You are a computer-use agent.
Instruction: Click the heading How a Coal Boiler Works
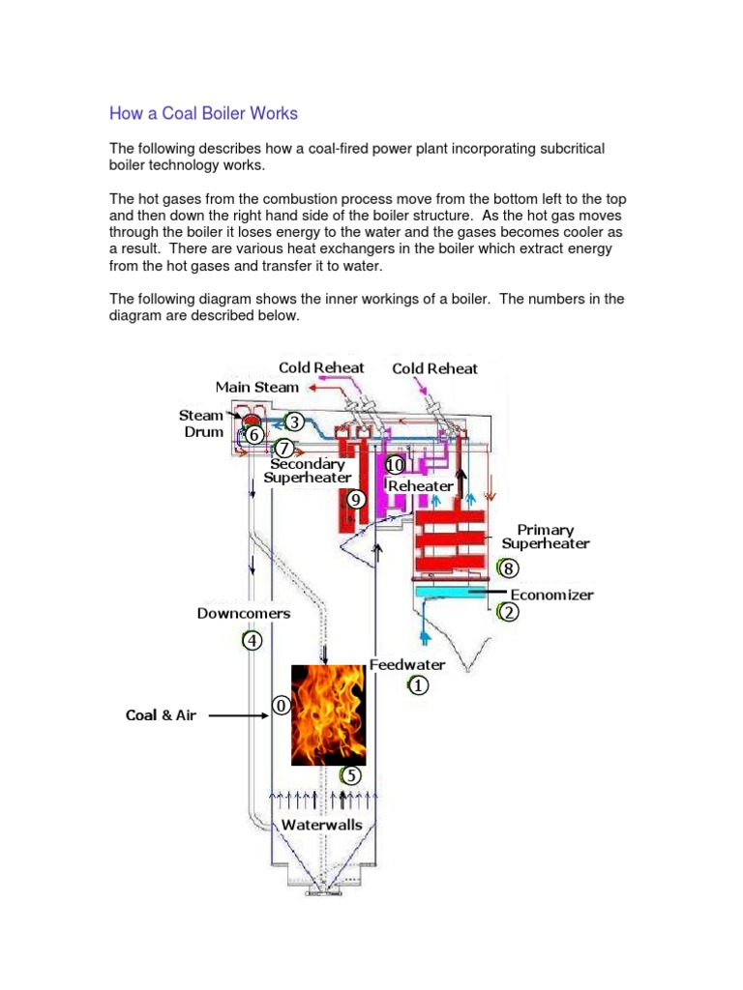203,114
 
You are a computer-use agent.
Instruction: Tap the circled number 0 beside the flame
282,707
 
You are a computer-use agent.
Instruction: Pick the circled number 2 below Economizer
508,613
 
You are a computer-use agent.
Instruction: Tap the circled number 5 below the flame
351,775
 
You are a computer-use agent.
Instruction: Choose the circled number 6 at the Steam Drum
254,436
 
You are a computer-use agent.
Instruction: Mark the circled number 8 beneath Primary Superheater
510,568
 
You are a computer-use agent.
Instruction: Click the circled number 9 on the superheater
355,500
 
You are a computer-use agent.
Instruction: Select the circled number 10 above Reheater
395,466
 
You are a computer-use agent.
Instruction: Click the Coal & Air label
161,716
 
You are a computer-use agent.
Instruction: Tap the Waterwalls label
322,826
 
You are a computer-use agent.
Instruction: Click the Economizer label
551,595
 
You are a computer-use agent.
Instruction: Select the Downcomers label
244,613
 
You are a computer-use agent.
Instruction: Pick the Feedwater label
407,665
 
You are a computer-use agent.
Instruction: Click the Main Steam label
257,387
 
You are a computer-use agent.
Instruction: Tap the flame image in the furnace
328,713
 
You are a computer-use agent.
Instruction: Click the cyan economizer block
449,591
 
